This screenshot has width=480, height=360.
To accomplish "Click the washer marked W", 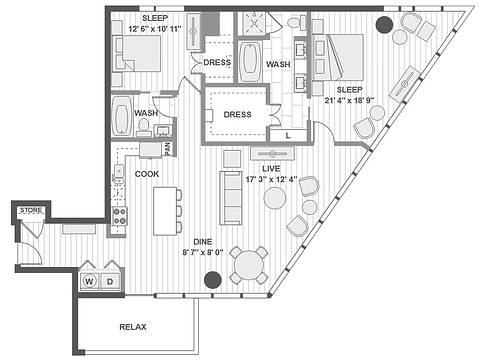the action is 90,281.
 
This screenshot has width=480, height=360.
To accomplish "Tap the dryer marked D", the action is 110,281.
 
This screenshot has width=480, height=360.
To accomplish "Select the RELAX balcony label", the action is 133,327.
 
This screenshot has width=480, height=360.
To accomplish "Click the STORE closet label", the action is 31,210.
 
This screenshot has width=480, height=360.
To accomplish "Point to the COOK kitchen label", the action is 147,174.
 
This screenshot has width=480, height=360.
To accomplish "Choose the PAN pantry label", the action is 168,149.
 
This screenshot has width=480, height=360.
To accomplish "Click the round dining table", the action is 249,265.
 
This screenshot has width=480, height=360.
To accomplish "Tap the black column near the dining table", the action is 213,280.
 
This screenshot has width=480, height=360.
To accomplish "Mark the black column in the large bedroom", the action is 384,24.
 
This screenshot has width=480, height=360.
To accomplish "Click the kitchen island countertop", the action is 165,211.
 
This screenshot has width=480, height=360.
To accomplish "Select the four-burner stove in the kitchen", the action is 120,216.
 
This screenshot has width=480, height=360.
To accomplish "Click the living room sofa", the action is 231,198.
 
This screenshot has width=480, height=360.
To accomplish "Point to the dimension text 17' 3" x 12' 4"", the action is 271,179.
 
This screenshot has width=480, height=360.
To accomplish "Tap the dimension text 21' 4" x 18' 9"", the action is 349,100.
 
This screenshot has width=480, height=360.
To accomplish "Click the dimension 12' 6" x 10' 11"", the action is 155,29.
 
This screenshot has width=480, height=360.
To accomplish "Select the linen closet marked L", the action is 288,135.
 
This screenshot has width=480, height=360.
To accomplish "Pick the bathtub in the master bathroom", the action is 250,62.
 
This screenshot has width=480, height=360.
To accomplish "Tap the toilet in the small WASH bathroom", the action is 144,126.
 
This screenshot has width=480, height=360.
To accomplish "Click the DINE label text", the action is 203,242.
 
